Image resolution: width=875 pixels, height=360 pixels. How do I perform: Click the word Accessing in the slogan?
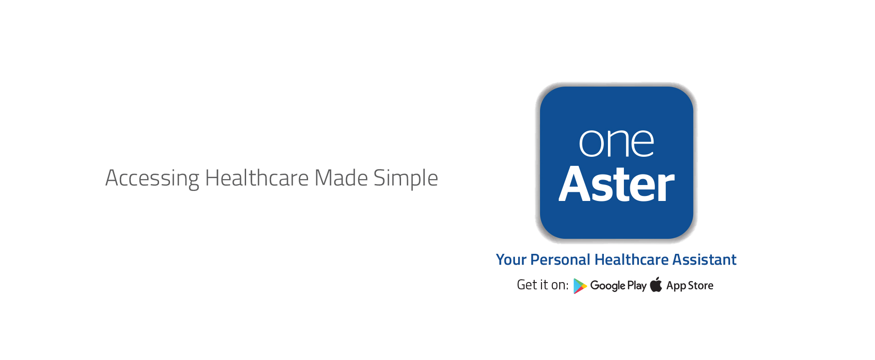click(x=152, y=179)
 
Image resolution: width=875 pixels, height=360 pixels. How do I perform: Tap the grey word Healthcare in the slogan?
click(x=257, y=178)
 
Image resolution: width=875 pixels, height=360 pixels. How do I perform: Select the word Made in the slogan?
click(x=341, y=178)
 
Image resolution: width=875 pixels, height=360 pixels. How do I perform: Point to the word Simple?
click(x=406, y=179)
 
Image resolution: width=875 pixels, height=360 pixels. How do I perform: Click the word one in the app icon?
click(x=617, y=143)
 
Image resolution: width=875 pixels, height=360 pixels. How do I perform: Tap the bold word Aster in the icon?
click(x=617, y=184)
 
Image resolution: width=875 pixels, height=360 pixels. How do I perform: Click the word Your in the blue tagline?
click(x=511, y=260)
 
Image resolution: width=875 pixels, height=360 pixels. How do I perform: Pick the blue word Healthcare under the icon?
click(x=632, y=260)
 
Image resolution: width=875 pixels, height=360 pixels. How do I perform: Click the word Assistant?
click(x=705, y=260)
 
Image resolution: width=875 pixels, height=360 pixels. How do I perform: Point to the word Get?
click(x=527, y=285)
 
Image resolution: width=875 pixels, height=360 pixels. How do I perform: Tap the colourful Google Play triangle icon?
click(x=580, y=286)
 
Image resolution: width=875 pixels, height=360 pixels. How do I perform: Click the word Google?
click(x=607, y=286)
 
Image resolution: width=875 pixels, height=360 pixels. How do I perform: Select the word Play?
click(x=637, y=286)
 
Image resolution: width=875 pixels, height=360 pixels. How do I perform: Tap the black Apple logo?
click(x=656, y=284)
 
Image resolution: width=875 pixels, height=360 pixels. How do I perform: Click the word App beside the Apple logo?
click(x=676, y=286)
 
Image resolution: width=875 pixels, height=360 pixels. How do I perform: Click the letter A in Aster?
click(x=576, y=184)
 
